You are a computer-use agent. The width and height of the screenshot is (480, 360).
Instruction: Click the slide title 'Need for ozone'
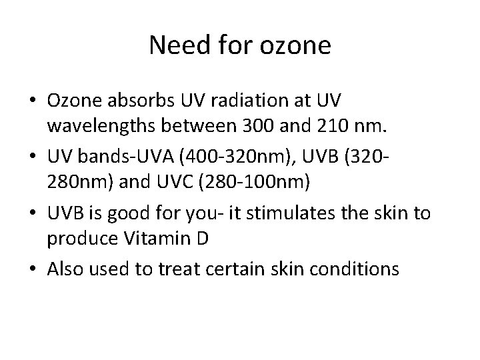coord(240,45)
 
